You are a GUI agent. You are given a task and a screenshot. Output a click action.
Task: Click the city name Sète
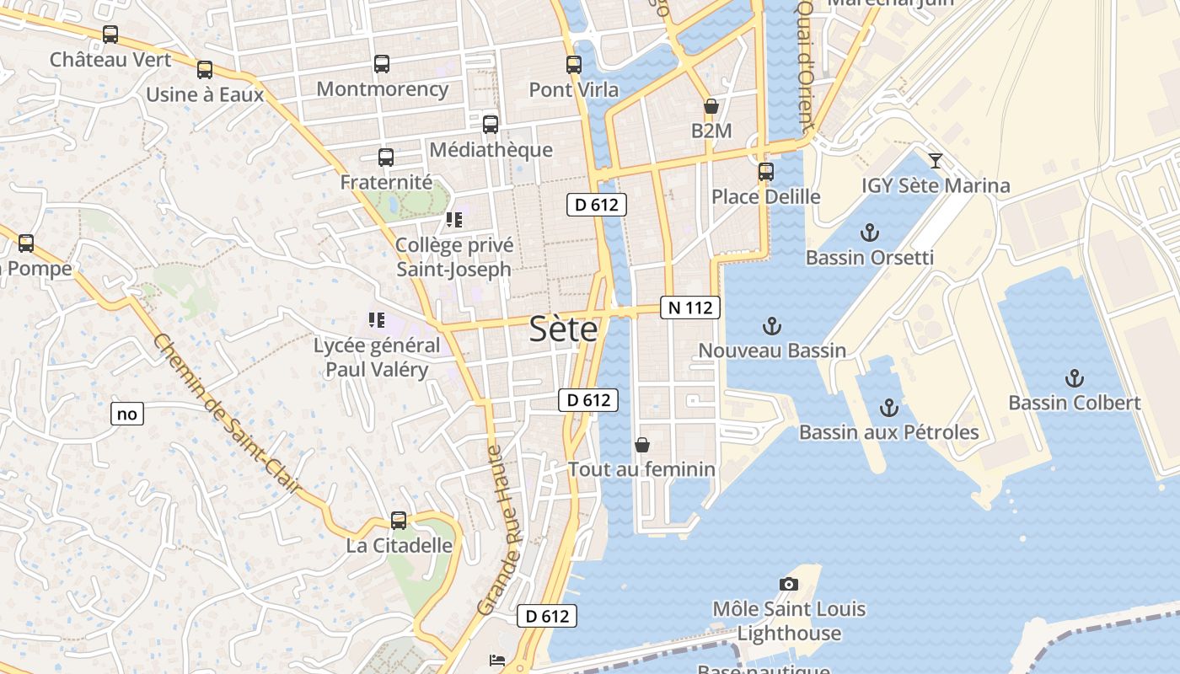tap(564, 329)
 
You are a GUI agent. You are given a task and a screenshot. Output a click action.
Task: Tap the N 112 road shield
tap(689, 308)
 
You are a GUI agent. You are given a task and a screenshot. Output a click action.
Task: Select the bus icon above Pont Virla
tap(574, 64)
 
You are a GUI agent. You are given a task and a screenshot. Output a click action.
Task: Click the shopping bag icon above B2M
tap(711, 106)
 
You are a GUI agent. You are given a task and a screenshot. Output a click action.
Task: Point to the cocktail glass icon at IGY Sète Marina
tap(936, 160)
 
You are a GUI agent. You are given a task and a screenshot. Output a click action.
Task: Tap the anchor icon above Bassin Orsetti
tap(869, 233)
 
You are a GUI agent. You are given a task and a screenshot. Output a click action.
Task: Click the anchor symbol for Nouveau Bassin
tap(771, 325)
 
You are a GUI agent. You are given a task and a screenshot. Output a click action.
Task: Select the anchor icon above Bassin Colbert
tap(1075, 377)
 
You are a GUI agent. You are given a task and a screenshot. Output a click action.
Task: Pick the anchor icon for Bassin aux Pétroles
tap(888, 408)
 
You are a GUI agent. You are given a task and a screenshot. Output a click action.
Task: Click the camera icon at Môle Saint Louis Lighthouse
tap(789, 584)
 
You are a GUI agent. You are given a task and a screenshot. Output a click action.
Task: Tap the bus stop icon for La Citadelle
tap(399, 521)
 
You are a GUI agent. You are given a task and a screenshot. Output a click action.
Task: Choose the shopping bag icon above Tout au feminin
tap(642, 445)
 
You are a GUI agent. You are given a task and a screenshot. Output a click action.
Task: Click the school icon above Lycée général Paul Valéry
tap(377, 320)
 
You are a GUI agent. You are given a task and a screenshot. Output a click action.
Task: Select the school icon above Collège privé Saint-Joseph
tap(454, 220)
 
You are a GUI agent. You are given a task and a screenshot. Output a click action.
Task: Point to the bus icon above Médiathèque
tap(491, 125)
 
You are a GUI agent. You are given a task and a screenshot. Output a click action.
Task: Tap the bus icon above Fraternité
tap(386, 157)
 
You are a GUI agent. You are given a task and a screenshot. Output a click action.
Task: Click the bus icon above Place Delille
tap(765, 172)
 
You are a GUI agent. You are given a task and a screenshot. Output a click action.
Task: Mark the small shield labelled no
tap(127, 414)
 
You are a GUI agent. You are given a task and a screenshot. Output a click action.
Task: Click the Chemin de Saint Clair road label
tap(228, 414)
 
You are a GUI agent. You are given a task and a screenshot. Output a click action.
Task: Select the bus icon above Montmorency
tap(382, 64)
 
